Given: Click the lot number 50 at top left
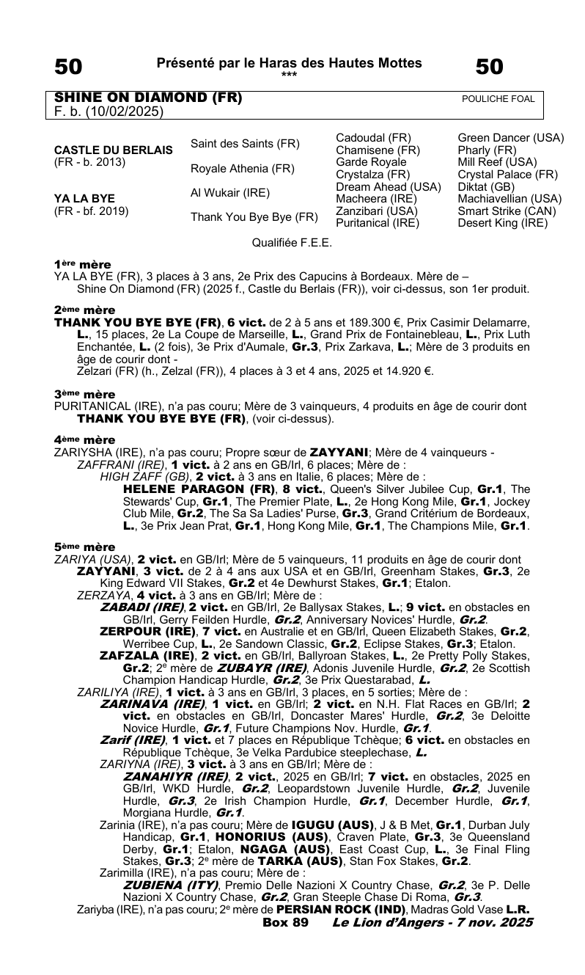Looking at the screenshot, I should click(x=69, y=67).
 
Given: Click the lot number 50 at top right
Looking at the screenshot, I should click(x=490, y=67).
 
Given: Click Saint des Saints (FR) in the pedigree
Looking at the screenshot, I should click(x=245, y=144).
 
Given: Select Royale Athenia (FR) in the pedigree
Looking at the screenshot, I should click(x=243, y=169).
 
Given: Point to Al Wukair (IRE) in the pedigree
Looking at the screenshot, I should click(x=229, y=193).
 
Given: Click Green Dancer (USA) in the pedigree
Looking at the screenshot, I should click(x=510, y=138).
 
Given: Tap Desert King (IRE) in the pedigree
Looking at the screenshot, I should click(x=502, y=222).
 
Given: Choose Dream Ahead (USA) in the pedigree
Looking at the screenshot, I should click(x=387, y=186).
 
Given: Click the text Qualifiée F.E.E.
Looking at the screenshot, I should click(x=292, y=242).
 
